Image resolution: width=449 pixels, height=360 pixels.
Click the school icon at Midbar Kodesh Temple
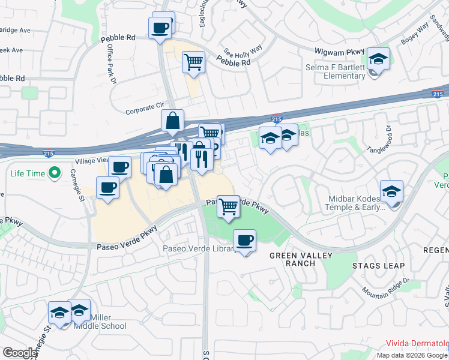391,191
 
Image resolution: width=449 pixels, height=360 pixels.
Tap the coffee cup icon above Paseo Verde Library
244,241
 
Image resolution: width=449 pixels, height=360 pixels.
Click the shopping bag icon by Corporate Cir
172,121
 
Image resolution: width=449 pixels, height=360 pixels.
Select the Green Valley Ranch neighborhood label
292,259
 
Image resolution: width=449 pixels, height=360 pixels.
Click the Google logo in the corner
20,353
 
